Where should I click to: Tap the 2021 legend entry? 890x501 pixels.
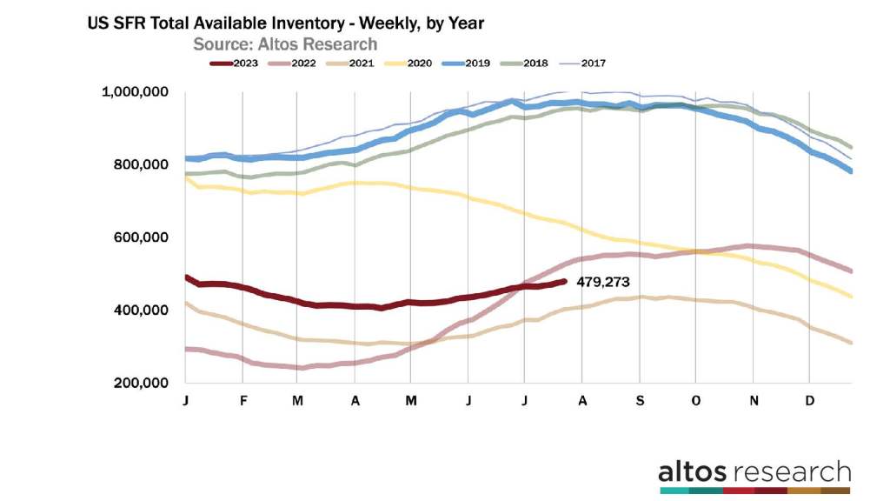pyautogui.click(x=356, y=63)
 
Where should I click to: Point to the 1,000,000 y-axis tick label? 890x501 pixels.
pyautogui.click(x=137, y=92)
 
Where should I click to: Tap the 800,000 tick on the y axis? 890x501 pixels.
pyautogui.click(x=143, y=164)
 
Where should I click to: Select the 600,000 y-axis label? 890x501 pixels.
pyautogui.click(x=143, y=237)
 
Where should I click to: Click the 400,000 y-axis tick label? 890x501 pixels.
pyautogui.click(x=143, y=311)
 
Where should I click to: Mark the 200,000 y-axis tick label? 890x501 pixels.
pyautogui.click(x=143, y=383)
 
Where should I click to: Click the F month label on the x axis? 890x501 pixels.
pyautogui.click(x=243, y=401)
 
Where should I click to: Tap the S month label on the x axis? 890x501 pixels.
pyautogui.click(x=639, y=401)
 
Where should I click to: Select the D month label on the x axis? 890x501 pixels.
pyautogui.click(x=809, y=401)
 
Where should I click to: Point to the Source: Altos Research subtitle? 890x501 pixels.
pyautogui.click(x=284, y=43)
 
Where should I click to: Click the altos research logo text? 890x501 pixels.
pyautogui.click(x=754, y=472)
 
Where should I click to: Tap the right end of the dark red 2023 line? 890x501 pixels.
pyautogui.click(x=566, y=281)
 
